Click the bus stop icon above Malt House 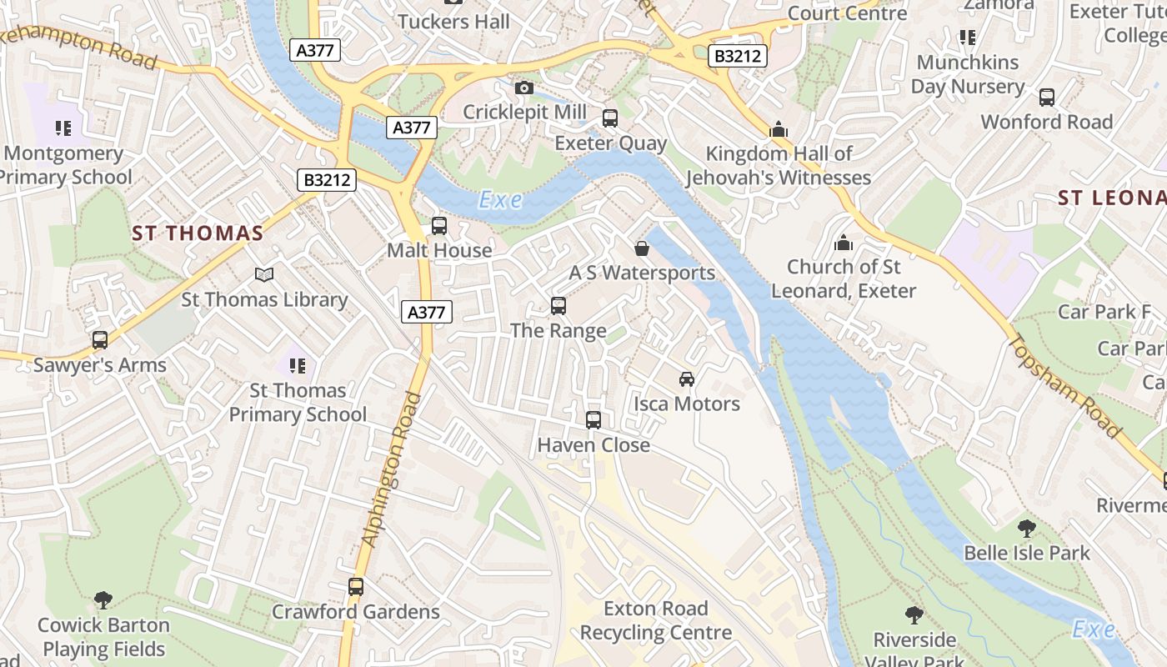(438, 226)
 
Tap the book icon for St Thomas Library (264, 274)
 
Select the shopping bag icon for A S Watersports (642, 248)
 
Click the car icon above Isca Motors (687, 379)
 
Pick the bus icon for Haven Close (594, 420)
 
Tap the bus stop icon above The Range (558, 306)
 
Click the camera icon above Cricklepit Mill (524, 88)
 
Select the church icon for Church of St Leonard (844, 243)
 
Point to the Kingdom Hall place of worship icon (779, 129)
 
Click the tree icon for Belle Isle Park (1027, 528)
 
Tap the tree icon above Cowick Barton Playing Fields (103, 599)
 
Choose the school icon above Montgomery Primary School (63, 128)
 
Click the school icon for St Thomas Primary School (298, 365)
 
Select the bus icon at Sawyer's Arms (100, 340)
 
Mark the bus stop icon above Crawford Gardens (356, 587)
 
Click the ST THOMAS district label (198, 233)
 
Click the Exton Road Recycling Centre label (656, 620)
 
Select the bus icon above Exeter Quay (610, 118)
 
